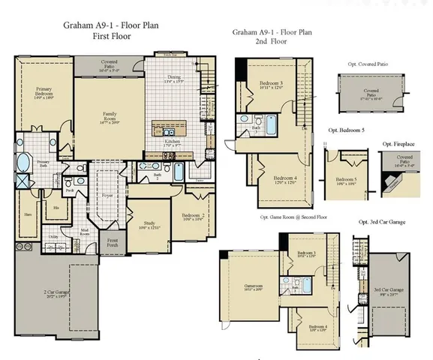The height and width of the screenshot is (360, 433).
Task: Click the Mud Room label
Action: pos(86,232)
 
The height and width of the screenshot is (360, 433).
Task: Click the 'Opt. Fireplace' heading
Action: pos(398,144)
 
